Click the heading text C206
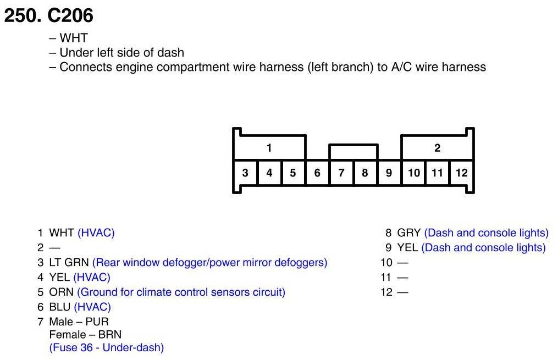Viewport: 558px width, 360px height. pos(71,16)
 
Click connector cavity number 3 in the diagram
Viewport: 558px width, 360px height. pos(245,173)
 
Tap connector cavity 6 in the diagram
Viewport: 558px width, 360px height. pos(317,173)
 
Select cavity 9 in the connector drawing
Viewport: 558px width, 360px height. pos(389,173)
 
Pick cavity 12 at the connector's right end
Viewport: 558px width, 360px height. pos(461,173)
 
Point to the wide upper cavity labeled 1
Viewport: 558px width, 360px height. pos(269,148)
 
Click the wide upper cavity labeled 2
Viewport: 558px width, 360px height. pos(437,148)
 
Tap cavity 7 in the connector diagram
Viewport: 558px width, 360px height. pos(341,173)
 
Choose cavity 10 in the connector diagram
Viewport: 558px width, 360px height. pos(413,173)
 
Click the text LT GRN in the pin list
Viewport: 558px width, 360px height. pos(69,263)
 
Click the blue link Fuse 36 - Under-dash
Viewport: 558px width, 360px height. pos(107,347)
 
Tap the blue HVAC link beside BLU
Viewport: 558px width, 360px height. pos(92,307)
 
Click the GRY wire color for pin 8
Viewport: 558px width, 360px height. pos(409,233)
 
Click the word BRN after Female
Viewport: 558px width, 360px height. pos(111,335)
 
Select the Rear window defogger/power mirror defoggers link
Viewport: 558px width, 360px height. pos(209,263)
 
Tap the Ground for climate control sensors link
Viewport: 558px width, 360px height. pos(181,292)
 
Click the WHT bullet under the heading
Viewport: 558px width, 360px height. pos(73,38)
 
